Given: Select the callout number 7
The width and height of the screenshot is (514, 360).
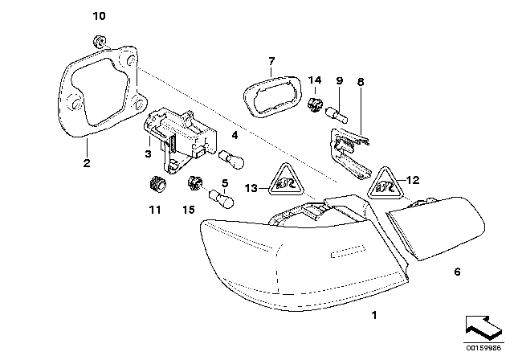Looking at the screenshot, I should (271, 60).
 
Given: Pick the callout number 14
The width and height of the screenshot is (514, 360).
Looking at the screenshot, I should (316, 80).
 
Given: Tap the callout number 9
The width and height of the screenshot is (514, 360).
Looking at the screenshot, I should (338, 80).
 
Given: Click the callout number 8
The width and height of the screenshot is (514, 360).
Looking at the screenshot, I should (360, 80).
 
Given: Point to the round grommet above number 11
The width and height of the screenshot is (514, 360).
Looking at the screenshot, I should (156, 184).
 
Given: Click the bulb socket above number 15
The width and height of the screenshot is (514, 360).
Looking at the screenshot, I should (194, 183).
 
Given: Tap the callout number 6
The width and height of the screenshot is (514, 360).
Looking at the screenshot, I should (457, 272).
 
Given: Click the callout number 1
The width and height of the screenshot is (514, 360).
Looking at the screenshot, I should (373, 316).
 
